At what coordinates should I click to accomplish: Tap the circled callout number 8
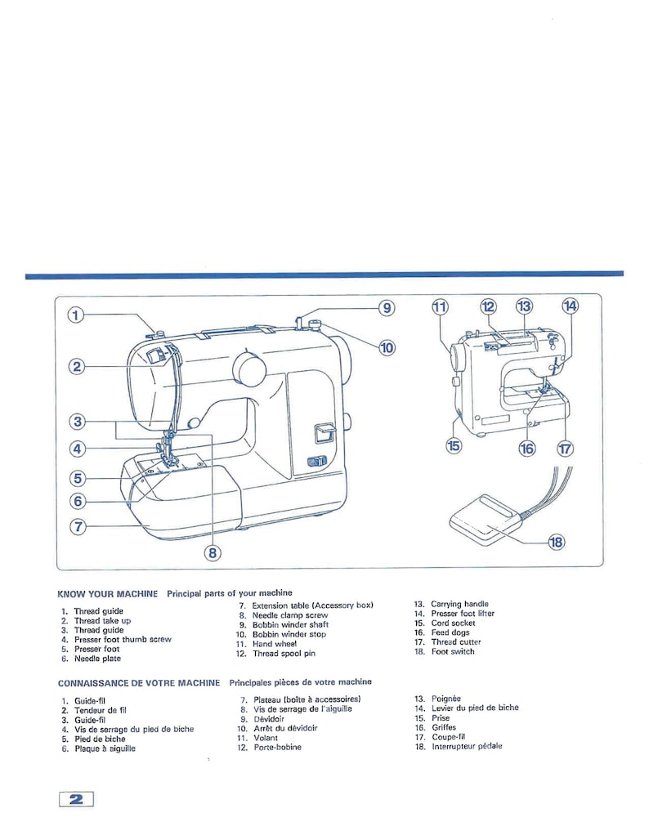[x=213, y=552]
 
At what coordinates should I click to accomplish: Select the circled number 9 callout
[x=387, y=308]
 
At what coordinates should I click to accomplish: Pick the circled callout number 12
[x=488, y=307]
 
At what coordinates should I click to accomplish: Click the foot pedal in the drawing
[x=483, y=519]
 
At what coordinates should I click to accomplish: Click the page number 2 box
[x=76, y=799]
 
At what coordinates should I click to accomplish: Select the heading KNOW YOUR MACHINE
[x=107, y=594]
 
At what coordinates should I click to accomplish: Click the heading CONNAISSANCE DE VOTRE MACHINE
[x=138, y=682]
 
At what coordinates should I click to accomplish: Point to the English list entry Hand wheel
[x=274, y=644]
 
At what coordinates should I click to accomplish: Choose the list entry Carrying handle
[x=459, y=604]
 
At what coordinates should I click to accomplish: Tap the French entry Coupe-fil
[x=450, y=736]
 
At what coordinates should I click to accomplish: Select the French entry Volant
[x=265, y=737]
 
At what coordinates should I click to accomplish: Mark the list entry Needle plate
[x=97, y=659]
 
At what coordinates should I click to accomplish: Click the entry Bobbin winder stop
[x=288, y=634]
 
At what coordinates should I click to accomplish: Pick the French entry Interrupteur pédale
[x=467, y=746]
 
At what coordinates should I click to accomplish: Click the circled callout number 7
[x=77, y=526]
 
